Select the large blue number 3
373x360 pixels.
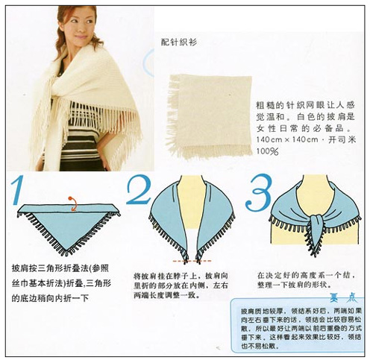pyautogui.click(x=258, y=192)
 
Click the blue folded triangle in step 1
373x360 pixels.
pyautogui.click(x=66, y=224)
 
